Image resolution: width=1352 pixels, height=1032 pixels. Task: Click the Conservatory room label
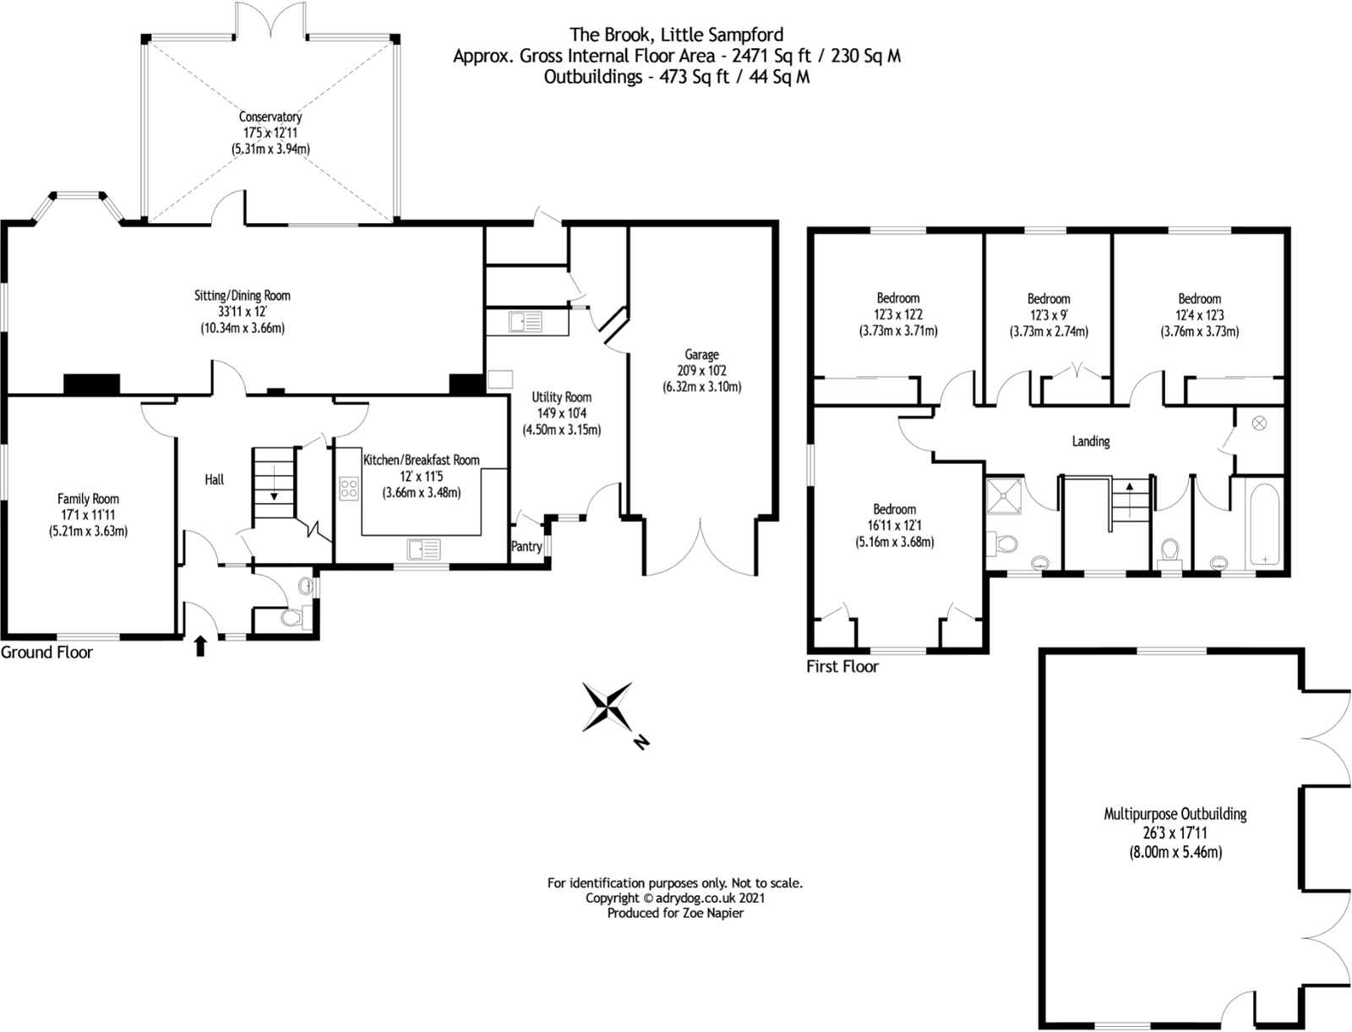click(x=270, y=117)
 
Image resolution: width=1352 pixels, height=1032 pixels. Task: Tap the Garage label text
click(x=701, y=354)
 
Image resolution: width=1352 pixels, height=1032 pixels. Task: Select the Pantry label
click(x=526, y=546)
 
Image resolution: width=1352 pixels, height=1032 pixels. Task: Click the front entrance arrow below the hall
click(x=200, y=647)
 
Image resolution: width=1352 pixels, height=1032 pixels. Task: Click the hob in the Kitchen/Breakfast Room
click(x=349, y=489)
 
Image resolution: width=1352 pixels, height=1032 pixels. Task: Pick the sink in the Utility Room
click(x=526, y=322)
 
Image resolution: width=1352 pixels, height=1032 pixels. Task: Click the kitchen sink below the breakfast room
click(x=423, y=549)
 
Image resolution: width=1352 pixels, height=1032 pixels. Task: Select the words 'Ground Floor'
click(x=46, y=653)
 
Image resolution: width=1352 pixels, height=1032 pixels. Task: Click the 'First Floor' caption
click(x=842, y=666)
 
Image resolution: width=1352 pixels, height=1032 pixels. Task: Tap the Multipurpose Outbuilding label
click(x=1175, y=814)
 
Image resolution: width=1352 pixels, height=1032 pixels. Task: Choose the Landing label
click(x=1091, y=441)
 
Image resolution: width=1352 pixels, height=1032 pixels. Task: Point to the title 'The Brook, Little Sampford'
click(x=676, y=35)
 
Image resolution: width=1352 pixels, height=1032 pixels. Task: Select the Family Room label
click(x=88, y=499)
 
